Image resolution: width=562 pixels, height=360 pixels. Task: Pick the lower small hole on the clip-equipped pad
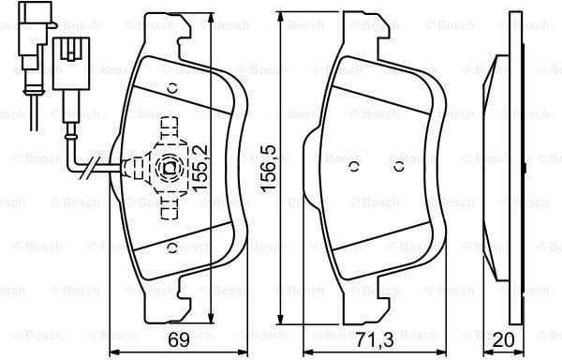pos(172,247)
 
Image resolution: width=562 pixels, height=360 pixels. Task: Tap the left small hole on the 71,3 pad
pos(354,168)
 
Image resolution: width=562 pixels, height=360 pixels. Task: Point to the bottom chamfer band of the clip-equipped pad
pos(183,258)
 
